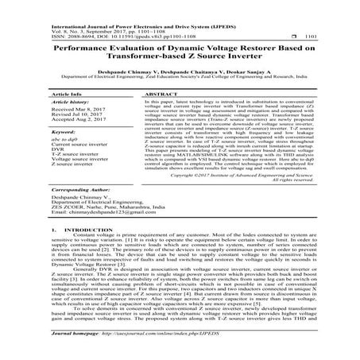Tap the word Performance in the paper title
coord(81,49)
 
